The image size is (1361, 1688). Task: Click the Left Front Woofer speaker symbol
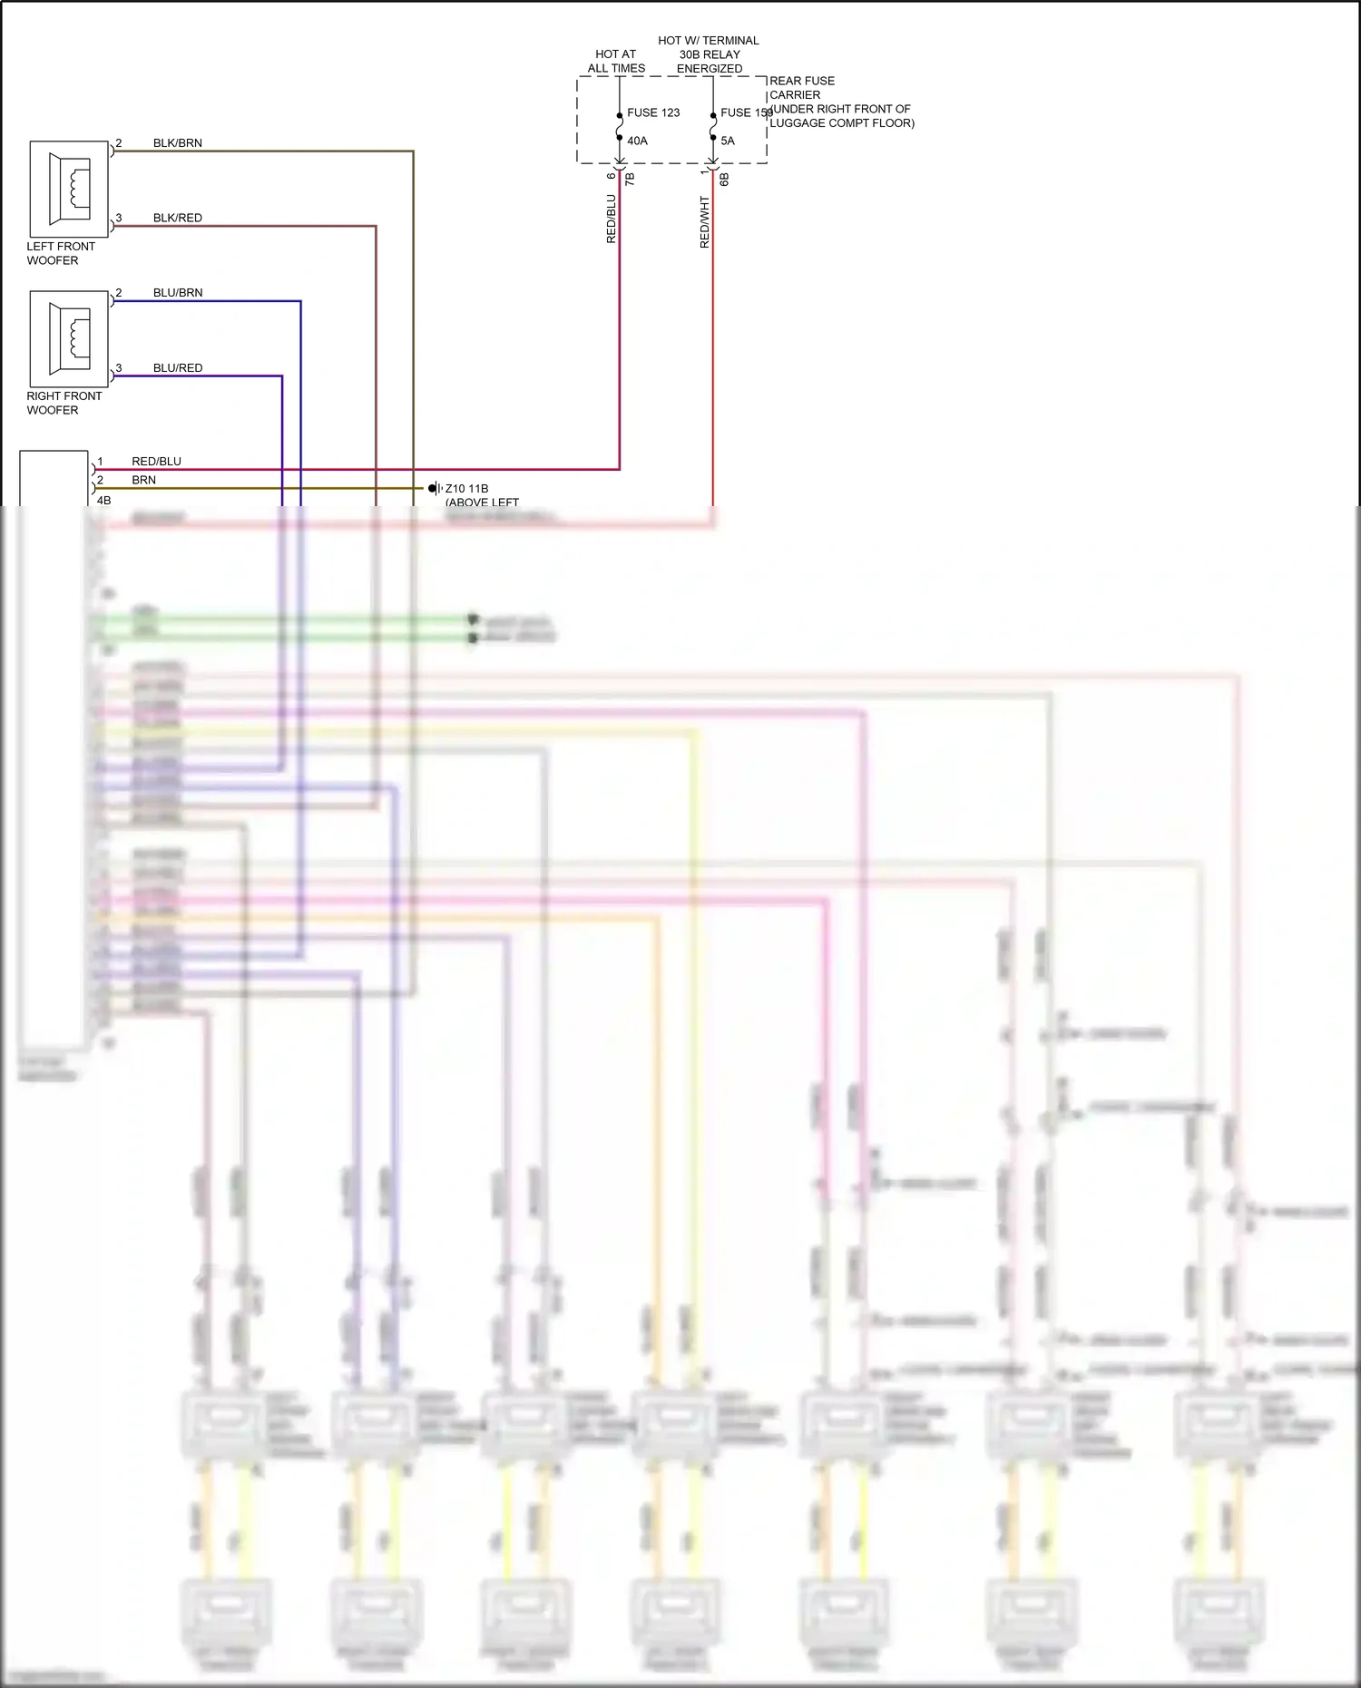(69, 189)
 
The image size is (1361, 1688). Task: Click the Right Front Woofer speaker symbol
(69, 338)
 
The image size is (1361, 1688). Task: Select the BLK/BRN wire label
(178, 143)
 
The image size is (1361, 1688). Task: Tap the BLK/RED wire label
(178, 219)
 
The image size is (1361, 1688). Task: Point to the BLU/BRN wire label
(178, 293)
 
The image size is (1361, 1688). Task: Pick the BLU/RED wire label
(178, 368)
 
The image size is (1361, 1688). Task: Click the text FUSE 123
(653, 113)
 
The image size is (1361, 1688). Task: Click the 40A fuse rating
(638, 141)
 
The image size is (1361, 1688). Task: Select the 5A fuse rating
(728, 141)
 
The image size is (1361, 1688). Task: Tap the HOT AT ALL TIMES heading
(616, 61)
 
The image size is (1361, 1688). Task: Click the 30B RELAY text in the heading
(710, 54)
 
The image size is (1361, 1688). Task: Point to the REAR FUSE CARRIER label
(801, 87)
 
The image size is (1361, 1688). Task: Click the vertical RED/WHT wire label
(705, 222)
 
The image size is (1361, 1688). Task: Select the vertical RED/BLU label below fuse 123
(612, 219)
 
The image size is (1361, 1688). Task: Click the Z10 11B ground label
(466, 489)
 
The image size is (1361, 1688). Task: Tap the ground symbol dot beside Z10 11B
(433, 488)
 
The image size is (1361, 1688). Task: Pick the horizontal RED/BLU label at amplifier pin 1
(156, 462)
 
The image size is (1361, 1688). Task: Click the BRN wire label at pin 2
(143, 480)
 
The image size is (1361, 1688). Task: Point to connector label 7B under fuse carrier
(630, 180)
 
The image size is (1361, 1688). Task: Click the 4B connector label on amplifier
(103, 501)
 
